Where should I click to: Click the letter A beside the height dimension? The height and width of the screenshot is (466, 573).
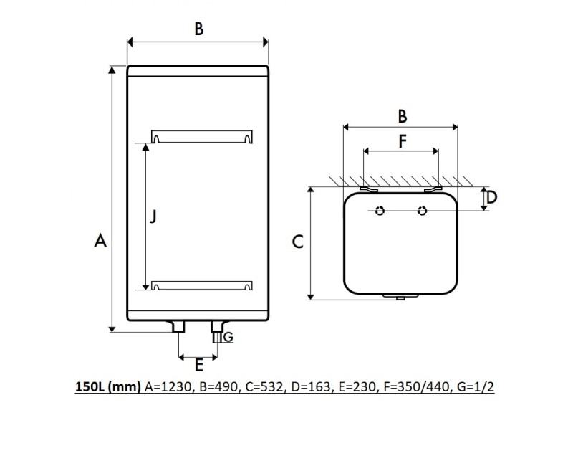coord(101,241)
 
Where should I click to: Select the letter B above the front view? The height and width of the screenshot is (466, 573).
coord(199,29)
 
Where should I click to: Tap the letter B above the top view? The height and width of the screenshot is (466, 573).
coord(403,115)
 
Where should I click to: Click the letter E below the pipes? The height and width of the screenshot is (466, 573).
coord(199,366)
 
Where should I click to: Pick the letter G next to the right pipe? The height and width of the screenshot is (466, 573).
coord(228,336)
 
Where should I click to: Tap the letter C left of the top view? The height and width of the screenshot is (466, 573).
coord(299,242)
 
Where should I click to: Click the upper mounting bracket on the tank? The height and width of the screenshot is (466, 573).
coord(201,136)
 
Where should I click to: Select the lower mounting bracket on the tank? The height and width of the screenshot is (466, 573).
coord(201,286)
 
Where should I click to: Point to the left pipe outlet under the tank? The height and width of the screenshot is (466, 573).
coord(178,327)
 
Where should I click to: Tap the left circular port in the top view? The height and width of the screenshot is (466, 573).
coord(380,211)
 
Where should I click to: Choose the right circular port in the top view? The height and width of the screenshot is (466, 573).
coord(423,211)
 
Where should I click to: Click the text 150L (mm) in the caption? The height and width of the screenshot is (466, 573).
coord(108,387)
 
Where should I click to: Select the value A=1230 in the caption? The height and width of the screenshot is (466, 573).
coord(169,387)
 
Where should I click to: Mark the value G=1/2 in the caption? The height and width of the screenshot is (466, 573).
coord(475,387)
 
